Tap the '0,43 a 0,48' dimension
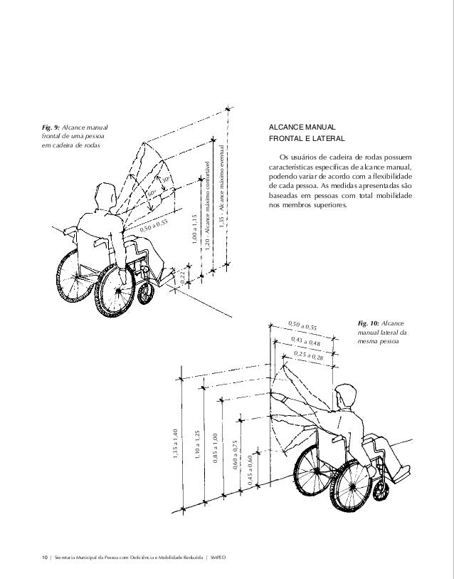coord(306,342)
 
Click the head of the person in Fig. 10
coord(344,395)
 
